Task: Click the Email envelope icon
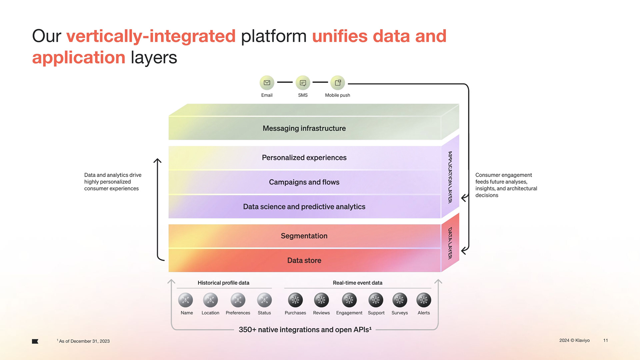tap(267, 83)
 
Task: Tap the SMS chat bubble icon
tap(303, 83)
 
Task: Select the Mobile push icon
tap(338, 83)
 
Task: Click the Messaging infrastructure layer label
tap(304, 128)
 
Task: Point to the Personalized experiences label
tap(304, 158)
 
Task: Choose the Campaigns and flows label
tap(304, 182)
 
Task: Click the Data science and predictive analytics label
tap(304, 207)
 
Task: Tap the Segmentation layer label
tap(304, 236)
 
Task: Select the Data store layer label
tap(304, 260)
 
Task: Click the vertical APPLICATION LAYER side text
tap(450, 177)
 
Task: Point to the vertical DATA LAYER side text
tap(450, 243)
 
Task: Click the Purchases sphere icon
tap(295, 300)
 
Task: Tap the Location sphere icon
tap(210, 300)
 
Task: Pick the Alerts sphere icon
tap(424, 300)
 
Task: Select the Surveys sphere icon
tap(400, 300)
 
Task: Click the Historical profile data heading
tap(223, 283)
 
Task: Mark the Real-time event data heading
tap(357, 283)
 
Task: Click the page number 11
tap(605, 340)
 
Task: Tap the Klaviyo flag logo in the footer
tap(35, 341)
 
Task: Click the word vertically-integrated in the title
tap(151, 36)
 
